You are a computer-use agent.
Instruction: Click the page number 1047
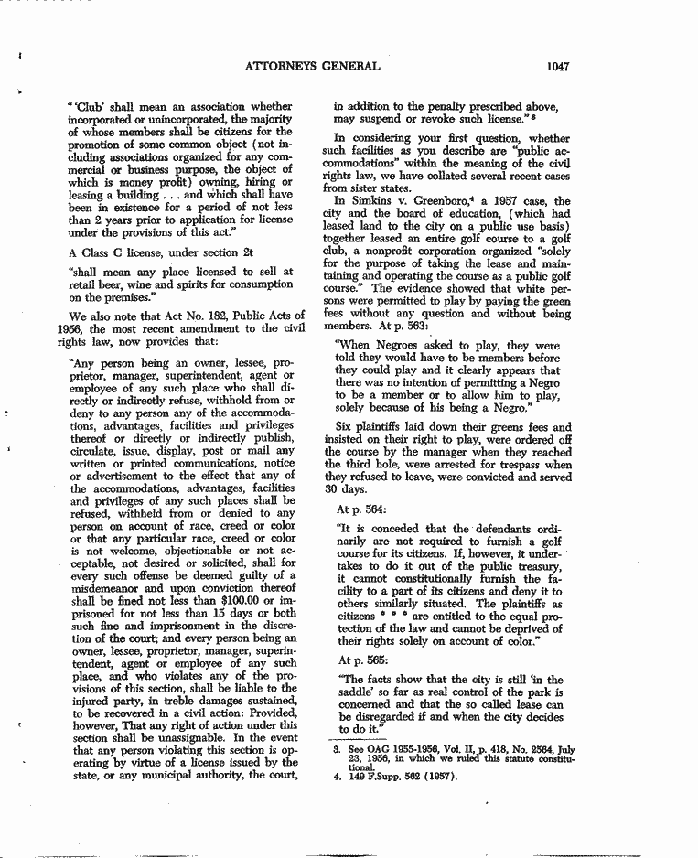(x=558, y=66)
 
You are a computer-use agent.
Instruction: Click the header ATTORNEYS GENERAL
(x=312, y=66)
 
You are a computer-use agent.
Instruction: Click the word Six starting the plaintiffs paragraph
(x=344, y=427)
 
